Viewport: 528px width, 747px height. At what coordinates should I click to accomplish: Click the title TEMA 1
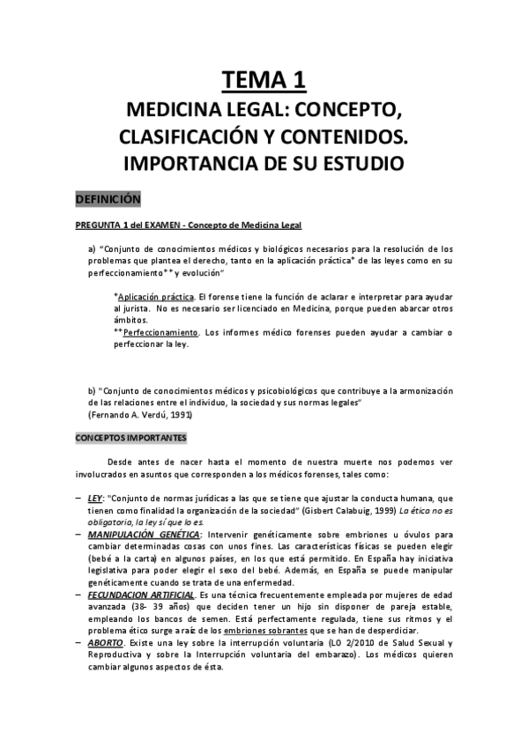pyautogui.click(x=264, y=81)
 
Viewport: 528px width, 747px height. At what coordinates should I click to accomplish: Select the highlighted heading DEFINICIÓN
pyautogui.click(x=108, y=200)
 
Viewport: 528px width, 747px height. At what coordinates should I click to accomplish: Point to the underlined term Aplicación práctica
pyautogui.click(x=155, y=297)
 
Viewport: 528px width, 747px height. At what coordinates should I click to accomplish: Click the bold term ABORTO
pyautogui.click(x=106, y=645)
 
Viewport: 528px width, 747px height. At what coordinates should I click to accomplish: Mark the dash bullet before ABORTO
pyautogui.click(x=78, y=645)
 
